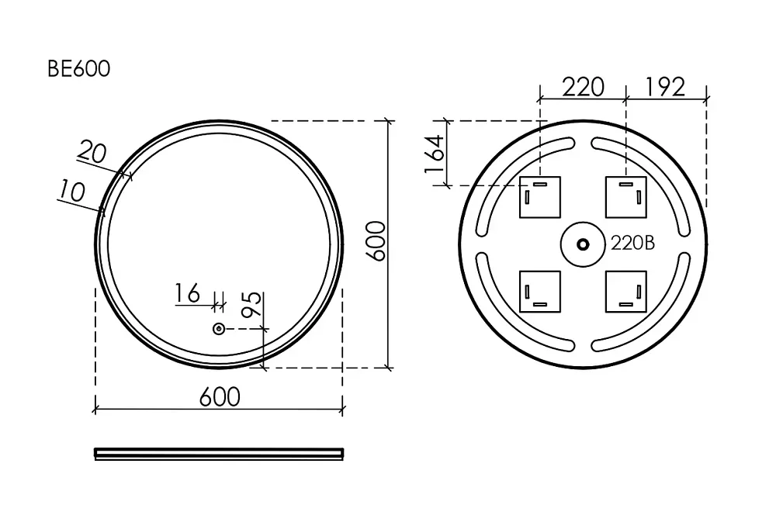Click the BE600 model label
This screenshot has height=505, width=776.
point(78,69)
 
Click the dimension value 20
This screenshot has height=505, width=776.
point(92,151)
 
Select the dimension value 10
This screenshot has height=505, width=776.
point(72,190)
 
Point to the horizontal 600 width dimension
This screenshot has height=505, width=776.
point(220,396)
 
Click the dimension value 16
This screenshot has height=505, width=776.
point(188,293)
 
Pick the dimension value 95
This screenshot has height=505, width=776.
point(251,304)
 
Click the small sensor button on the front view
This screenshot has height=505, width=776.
point(219,328)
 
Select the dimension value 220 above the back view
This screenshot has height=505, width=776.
point(583,87)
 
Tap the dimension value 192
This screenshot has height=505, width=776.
point(665,87)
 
